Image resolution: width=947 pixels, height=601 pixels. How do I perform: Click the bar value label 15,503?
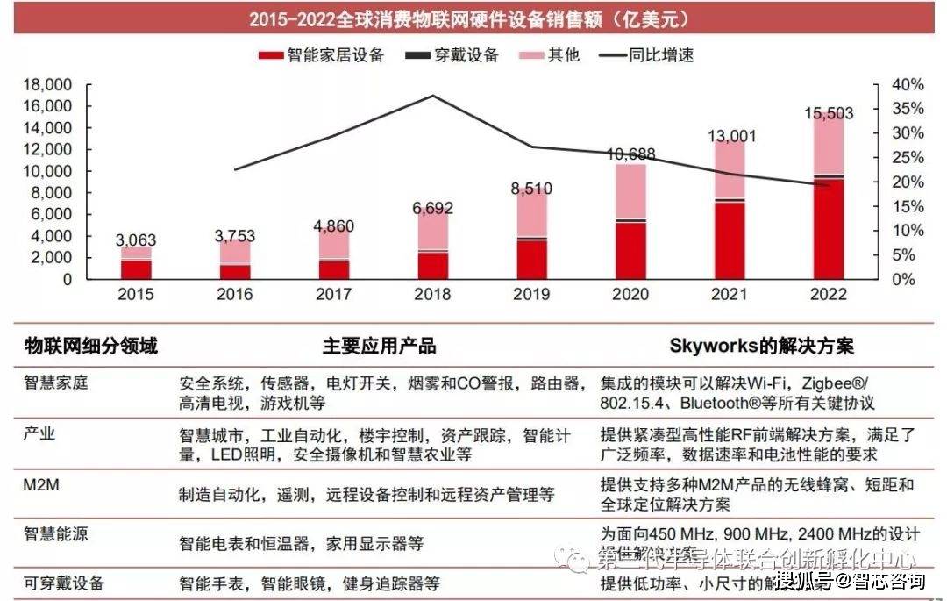829,113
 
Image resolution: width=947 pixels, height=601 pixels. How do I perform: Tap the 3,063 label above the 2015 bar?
136,240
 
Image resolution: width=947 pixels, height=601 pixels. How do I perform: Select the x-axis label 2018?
431,295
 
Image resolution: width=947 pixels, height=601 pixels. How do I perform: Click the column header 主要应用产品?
379,346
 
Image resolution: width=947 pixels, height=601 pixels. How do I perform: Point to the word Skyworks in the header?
711,346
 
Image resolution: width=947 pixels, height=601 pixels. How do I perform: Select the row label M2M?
42,483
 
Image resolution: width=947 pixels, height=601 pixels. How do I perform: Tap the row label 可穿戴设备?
64,583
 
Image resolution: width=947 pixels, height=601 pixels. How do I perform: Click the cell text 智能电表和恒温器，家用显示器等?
301,544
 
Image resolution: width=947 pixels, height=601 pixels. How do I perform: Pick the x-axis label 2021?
730,295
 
